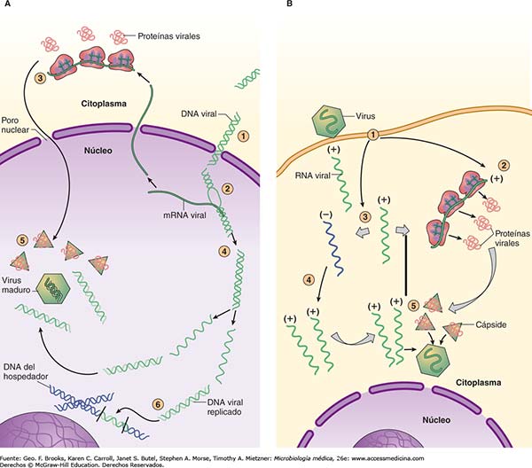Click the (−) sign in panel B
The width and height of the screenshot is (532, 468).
(x=326, y=214)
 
